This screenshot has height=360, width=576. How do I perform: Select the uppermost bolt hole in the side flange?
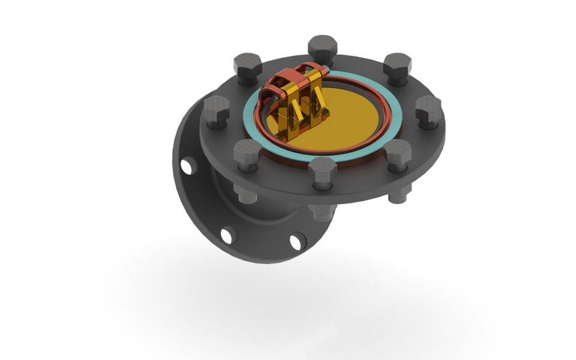187,166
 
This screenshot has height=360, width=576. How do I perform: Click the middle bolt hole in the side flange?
228,235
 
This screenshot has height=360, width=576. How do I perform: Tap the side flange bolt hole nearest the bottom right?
298,241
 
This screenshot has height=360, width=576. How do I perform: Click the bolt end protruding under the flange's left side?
245,193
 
